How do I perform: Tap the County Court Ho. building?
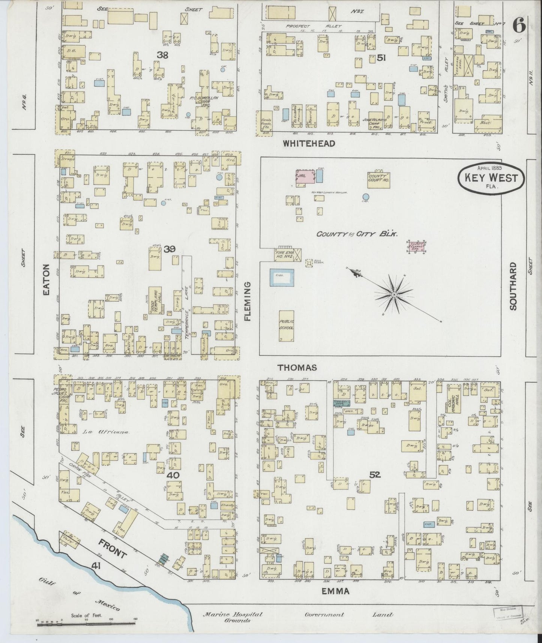pos(378,180)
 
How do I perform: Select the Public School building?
pos(286,325)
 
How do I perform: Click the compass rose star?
pos(394,295)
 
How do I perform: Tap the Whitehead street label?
pos(309,143)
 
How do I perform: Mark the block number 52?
pos(375,475)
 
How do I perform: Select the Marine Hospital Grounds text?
pos(233,617)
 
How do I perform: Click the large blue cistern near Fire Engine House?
pos(282,278)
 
